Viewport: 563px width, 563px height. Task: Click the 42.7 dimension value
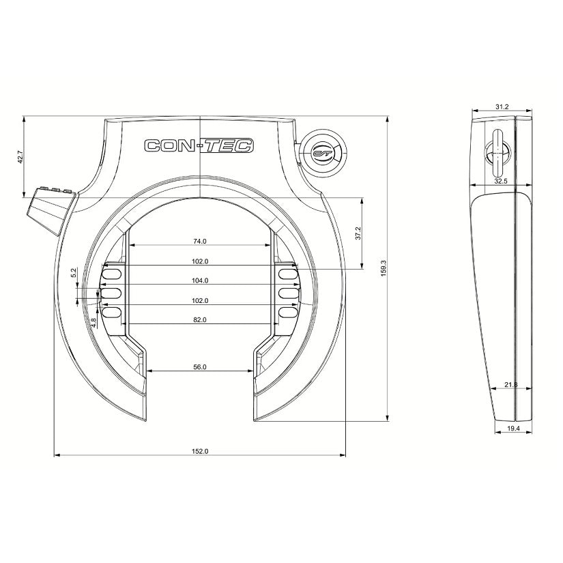tap(21, 157)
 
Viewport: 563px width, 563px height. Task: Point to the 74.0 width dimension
tap(199, 241)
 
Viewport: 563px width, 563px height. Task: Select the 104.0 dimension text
tap(200, 280)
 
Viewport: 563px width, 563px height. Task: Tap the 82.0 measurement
tap(200, 319)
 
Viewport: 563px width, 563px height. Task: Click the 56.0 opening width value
tap(200, 367)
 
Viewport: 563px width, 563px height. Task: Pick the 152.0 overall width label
tap(200, 451)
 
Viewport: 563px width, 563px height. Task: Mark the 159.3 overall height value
tap(384, 267)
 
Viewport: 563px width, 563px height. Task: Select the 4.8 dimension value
tap(93, 321)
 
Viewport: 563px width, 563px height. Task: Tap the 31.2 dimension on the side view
tap(502, 107)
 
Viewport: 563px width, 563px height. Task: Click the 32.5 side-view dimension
tap(502, 182)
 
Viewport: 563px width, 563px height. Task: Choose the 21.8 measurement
tap(510, 386)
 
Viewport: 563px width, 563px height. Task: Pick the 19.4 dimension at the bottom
tap(513, 428)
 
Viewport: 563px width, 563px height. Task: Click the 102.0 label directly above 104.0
tap(200, 261)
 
